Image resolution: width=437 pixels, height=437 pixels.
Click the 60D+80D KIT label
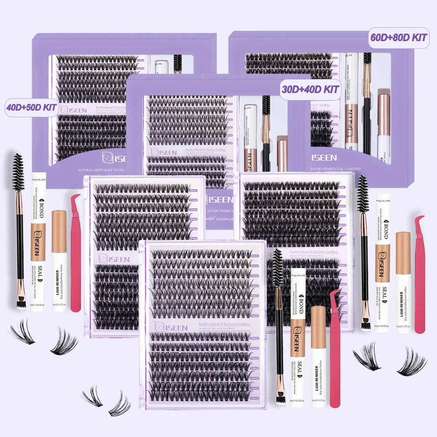(398, 38)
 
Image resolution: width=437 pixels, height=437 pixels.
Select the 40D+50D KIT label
(32, 108)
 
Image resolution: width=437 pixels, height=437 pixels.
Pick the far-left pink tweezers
(76, 253)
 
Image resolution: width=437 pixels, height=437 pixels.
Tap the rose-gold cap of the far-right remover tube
(403, 247)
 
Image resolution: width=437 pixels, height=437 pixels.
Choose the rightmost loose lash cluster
(411, 361)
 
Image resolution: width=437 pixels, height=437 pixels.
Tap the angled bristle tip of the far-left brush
(21, 302)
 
